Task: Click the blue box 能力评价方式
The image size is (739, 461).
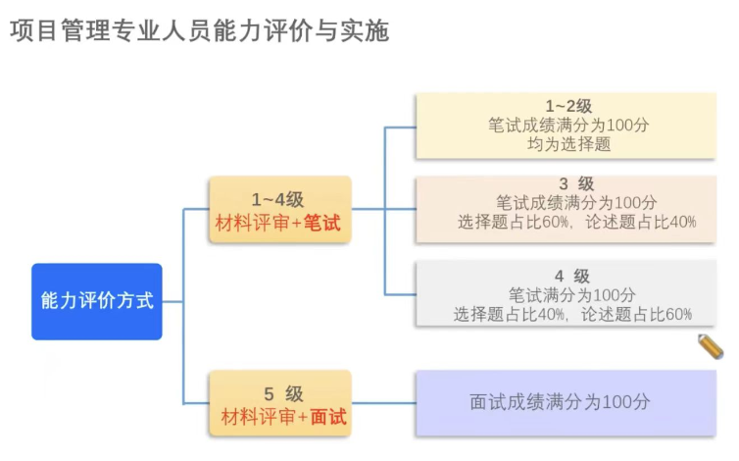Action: (x=96, y=301)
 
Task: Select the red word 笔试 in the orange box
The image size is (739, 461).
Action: (x=320, y=223)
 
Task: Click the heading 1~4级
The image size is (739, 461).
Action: (x=278, y=199)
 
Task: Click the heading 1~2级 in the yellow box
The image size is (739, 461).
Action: (x=568, y=106)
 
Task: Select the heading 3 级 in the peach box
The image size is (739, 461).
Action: (x=576, y=183)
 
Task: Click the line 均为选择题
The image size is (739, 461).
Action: (x=568, y=144)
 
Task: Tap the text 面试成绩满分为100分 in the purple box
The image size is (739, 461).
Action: (x=560, y=402)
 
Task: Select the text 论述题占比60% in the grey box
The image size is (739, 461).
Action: (x=636, y=314)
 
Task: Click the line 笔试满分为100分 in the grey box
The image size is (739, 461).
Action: (x=572, y=294)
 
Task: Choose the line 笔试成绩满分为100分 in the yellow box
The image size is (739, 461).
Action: (x=568, y=125)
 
